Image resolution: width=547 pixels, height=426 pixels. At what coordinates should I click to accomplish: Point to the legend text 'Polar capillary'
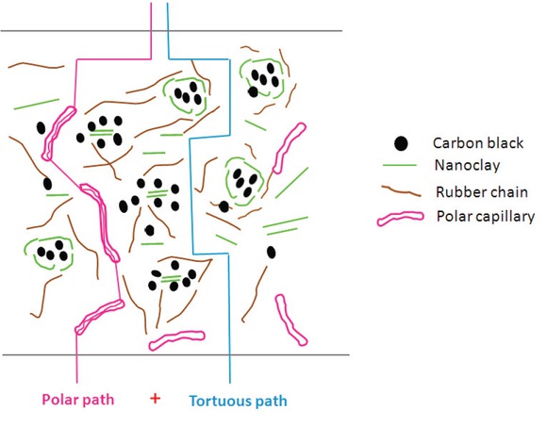[x=485, y=217]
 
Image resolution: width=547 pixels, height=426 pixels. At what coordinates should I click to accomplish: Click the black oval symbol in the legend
[x=401, y=144]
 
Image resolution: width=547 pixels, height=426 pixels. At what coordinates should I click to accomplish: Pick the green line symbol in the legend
[x=402, y=166]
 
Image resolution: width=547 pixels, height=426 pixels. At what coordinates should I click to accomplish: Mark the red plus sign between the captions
[x=154, y=398]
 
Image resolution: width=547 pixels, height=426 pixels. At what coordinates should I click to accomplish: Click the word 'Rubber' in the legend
[x=456, y=193]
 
